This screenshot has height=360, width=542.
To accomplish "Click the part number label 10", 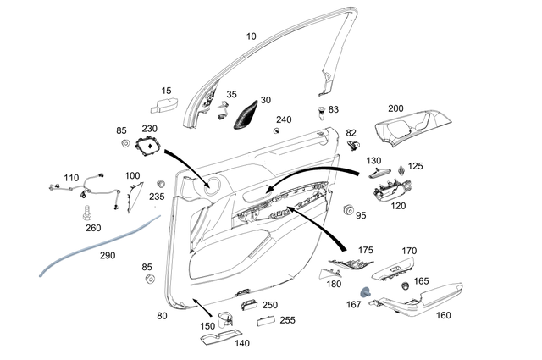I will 250,36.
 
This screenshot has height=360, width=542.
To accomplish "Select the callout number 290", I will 108,255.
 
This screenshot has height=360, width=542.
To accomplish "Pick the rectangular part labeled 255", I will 264,320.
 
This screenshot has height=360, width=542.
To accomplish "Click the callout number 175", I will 365,251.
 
